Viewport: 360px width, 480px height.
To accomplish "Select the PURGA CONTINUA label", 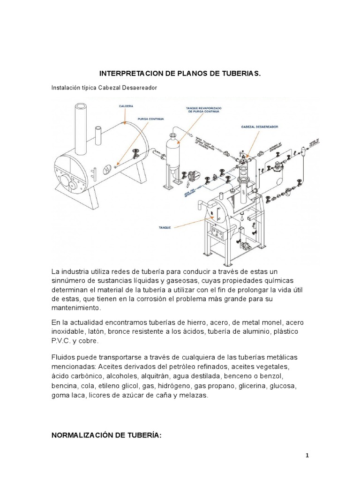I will tap(151, 119).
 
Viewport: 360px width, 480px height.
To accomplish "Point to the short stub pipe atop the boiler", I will tap(99, 136).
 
